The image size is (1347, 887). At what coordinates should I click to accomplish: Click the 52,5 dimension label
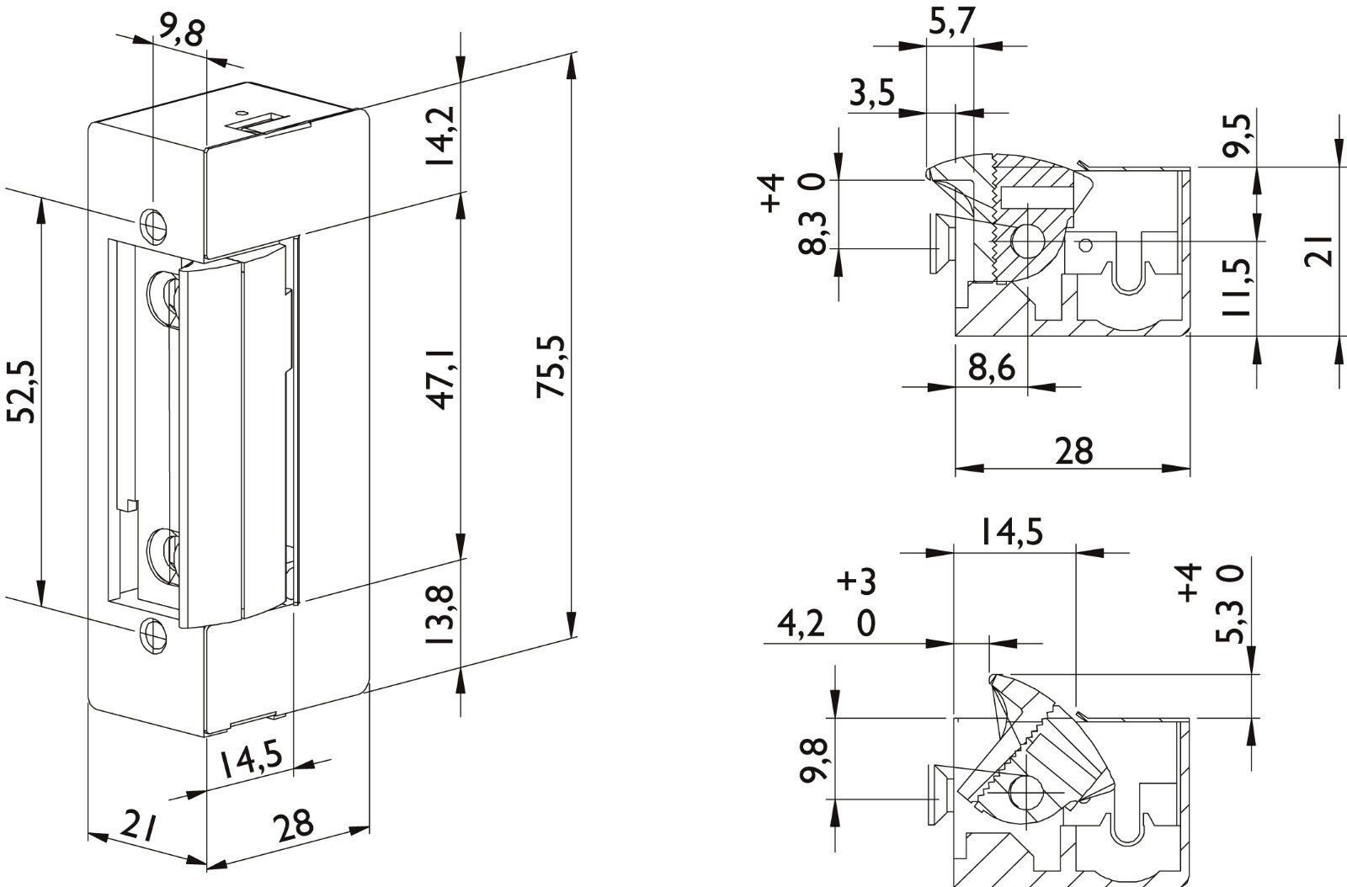[21, 392]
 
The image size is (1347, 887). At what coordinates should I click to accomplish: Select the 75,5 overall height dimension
[551, 367]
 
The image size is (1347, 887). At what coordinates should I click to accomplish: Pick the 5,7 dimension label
[950, 23]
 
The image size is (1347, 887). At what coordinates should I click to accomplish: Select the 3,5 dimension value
[872, 93]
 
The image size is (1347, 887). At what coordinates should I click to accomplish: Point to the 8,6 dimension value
[992, 367]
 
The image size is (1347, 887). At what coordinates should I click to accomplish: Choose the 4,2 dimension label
[801, 625]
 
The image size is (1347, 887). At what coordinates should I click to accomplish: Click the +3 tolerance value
[856, 582]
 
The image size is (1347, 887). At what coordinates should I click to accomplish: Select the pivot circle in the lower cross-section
[1026, 791]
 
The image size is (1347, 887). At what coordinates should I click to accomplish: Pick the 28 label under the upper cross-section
[1073, 451]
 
